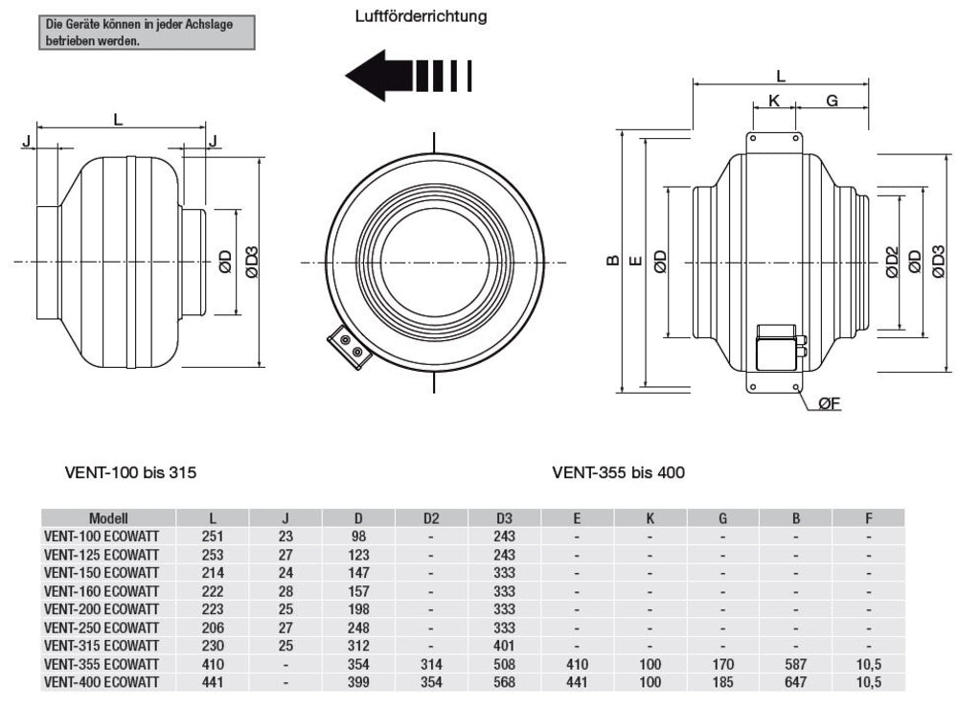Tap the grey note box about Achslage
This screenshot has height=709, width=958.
point(148,32)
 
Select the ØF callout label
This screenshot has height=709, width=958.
point(830,404)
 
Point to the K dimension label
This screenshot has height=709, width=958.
point(774,100)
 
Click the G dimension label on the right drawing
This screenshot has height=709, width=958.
point(832,100)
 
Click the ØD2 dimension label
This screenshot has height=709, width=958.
point(891,261)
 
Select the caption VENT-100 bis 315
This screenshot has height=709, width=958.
point(131,472)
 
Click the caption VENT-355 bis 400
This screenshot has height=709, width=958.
point(618,472)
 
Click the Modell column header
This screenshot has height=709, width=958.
point(108,518)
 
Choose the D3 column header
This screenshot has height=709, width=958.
point(504,518)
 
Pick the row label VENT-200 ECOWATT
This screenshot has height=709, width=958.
point(107,609)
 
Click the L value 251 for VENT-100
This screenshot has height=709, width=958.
point(213,537)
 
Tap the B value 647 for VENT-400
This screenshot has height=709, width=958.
point(795,682)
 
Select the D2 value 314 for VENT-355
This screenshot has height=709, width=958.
point(431,664)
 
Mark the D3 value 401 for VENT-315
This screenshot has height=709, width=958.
point(504,646)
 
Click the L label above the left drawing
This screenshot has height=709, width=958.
point(118,120)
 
